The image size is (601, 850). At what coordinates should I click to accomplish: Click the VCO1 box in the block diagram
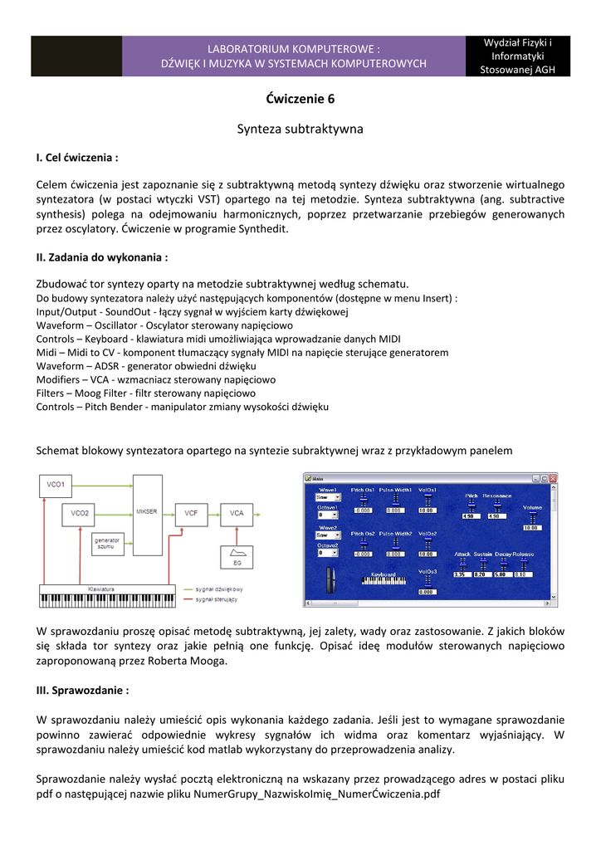pyautogui.click(x=57, y=483)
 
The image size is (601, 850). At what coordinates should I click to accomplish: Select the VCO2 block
pyautogui.click(x=80, y=513)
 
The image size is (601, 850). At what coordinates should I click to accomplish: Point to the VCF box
pyautogui.click(x=192, y=513)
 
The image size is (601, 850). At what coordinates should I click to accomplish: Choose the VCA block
pyautogui.click(x=237, y=513)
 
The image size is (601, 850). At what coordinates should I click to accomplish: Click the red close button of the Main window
pyautogui.click(x=552, y=478)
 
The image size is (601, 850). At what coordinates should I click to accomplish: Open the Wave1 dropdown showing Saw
pyautogui.click(x=328, y=499)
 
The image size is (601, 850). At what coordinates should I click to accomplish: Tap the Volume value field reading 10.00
pyautogui.click(x=532, y=526)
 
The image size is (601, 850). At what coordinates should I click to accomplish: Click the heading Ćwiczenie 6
pyautogui.click(x=300, y=99)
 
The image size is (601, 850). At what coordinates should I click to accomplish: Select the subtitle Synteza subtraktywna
pyautogui.click(x=300, y=129)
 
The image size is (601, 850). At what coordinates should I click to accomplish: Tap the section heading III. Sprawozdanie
pyautogui.click(x=83, y=690)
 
